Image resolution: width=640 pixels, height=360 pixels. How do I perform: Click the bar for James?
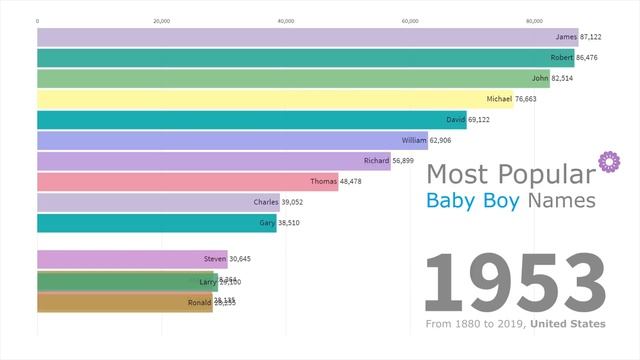click(300, 36)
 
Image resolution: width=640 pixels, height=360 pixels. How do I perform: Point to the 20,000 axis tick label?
click(161, 19)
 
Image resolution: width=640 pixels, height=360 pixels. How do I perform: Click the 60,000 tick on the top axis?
click(410, 19)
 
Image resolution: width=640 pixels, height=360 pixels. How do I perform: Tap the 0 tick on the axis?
click(37, 19)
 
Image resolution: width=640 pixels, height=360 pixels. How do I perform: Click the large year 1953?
click(515, 283)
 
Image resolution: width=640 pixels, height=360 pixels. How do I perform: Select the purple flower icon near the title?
click(604, 160)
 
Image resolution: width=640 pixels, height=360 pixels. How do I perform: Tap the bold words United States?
click(567, 324)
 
